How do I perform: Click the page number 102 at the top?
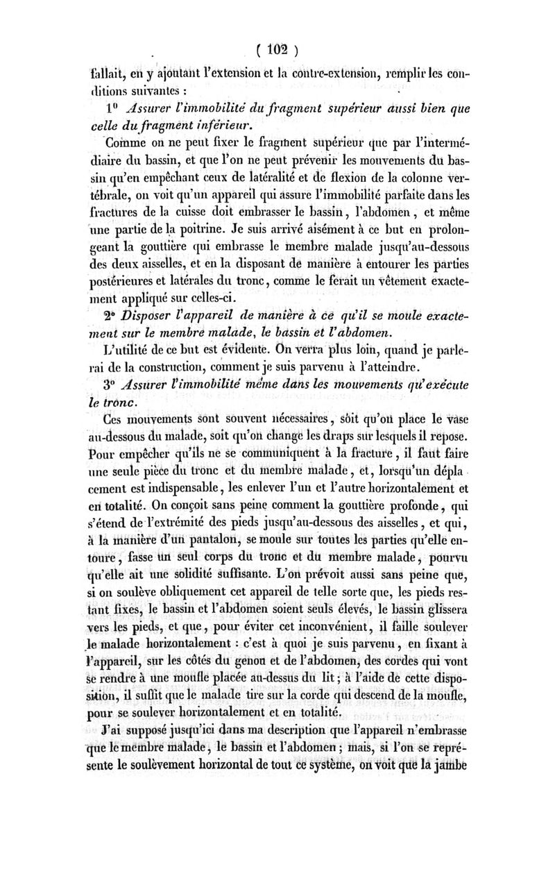(x=278, y=50)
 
